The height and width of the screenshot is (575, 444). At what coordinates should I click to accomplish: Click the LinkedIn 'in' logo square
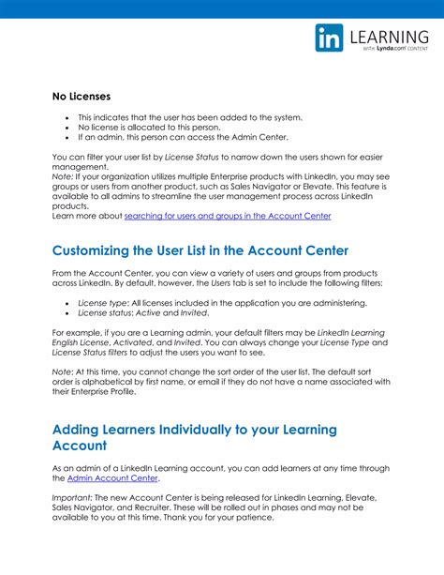pos(330,38)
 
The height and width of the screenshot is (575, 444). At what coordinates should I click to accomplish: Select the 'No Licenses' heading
pos(81,97)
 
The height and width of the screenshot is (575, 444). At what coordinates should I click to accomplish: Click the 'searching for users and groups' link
pos(228,216)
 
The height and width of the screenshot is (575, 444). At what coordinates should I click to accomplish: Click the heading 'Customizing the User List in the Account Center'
pos(200,250)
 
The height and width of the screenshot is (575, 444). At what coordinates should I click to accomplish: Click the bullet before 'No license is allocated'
pos(67,127)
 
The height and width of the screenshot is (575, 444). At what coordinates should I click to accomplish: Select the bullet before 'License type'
pos(67,304)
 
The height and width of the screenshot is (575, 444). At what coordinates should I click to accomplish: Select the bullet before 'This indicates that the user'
pos(67,117)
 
